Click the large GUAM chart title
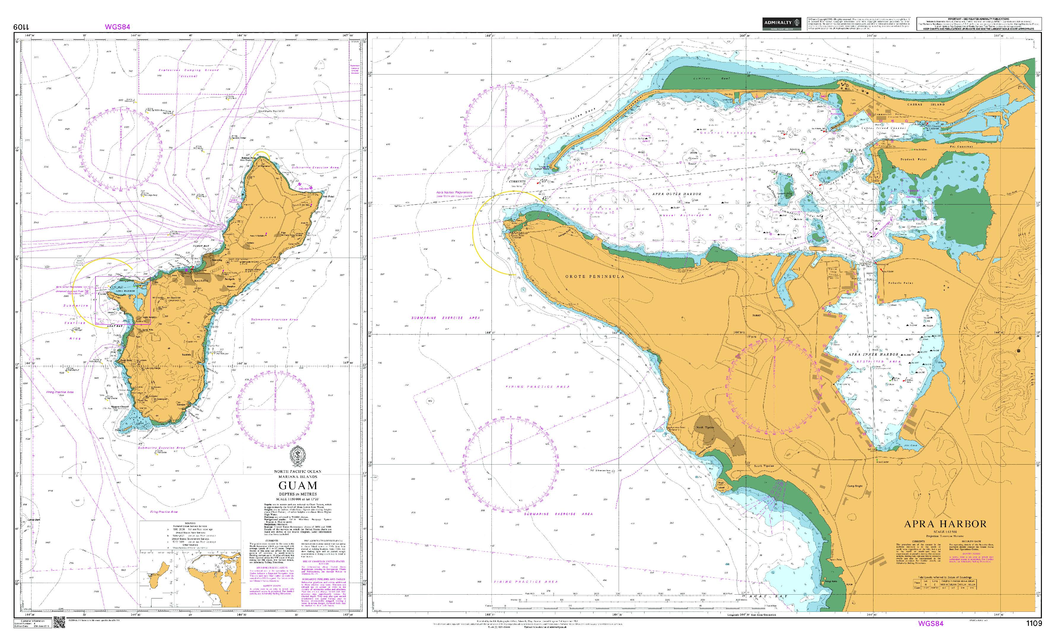click(x=298, y=485)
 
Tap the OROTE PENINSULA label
click(x=595, y=276)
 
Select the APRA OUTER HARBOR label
click(x=676, y=194)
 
